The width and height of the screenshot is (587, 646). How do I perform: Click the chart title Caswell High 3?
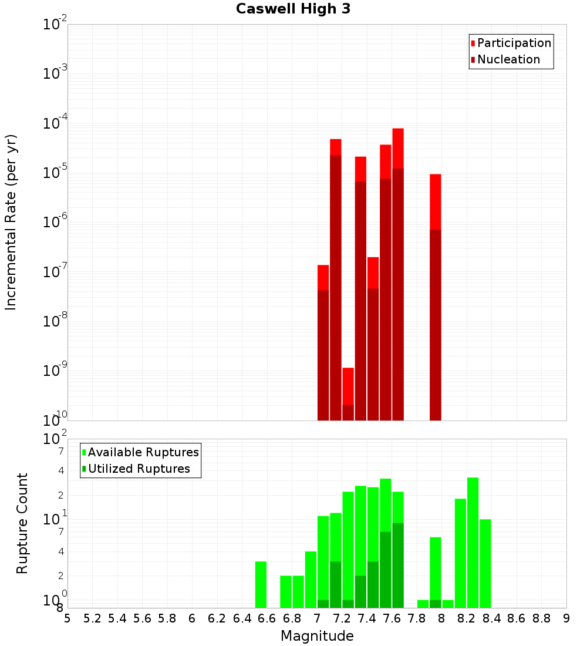(293, 9)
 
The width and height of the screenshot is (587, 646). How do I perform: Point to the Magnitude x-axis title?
(317, 636)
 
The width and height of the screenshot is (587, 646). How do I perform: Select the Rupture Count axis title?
(22, 523)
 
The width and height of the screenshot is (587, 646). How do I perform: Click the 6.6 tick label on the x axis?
(267, 618)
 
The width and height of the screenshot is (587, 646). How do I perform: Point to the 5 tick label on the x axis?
(68, 618)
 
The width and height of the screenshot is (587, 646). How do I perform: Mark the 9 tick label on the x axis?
(566, 618)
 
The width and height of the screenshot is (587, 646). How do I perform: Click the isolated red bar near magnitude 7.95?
(435, 294)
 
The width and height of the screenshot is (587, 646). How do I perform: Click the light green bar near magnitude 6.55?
(261, 584)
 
